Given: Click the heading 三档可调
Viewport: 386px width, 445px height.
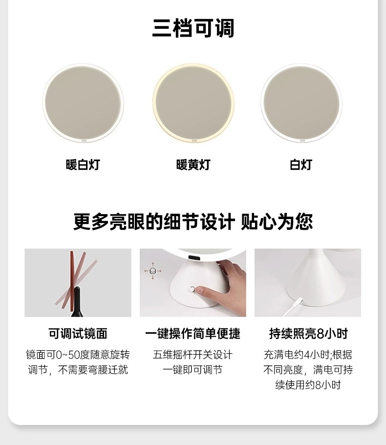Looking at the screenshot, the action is click(x=193, y=28).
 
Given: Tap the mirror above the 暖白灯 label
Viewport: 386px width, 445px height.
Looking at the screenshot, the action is click(x=83, y=103).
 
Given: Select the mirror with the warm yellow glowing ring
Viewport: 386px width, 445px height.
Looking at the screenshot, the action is click(x=193, y=103).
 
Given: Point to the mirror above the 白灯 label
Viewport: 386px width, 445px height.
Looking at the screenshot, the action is click(x=301, y=103).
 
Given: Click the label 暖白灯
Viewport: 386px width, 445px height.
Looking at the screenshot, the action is click(x=83, y=164).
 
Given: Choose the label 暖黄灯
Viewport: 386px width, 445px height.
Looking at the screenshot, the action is click(x=193, y=164).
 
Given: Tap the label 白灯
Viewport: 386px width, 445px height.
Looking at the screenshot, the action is click(x=301, y=164).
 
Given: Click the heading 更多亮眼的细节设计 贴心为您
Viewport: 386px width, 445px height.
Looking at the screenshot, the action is click(x=193, y=222).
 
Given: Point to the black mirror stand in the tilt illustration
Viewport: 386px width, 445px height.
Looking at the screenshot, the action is click(x=77, y=303).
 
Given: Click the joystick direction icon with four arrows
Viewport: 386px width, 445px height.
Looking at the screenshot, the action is click(x=152, y=271).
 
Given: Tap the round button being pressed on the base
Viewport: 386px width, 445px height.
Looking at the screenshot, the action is click(x=193, y=289).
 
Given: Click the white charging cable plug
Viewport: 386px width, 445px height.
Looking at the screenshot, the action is click(x=297, y=302).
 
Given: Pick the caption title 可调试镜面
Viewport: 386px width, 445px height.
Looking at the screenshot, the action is click(x=78, y=333).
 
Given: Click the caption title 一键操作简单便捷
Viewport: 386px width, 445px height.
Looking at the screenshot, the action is click(x=193, y=333).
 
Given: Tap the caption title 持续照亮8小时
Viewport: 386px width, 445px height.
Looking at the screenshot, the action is click(x=308, y=333).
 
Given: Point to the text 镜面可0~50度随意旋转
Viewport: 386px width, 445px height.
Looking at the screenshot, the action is click(x=78, y=355).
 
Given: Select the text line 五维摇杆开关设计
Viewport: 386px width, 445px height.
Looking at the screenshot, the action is click(x=193, y=355).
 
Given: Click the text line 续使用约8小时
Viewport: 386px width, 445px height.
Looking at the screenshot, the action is click(x=308, y=385).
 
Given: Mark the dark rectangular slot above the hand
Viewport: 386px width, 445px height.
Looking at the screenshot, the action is click(x=193, y=258).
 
